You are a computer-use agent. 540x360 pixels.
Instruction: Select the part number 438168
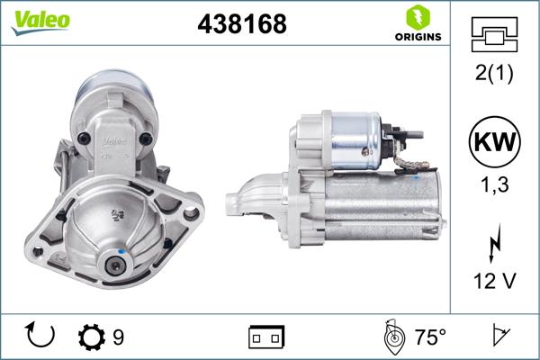click(x=242, y=25)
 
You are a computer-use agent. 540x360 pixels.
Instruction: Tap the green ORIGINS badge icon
click(x=417, y=18)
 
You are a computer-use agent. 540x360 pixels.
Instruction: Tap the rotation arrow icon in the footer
click(x=41, y=337)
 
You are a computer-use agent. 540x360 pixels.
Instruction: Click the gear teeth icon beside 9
click(x=91, y=337)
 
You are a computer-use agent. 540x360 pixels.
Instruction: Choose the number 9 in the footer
click(x=119, y=337)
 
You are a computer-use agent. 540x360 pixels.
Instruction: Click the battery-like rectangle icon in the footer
click(x=266, y=337)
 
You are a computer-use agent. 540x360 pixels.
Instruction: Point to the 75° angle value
click(x=430, y=337)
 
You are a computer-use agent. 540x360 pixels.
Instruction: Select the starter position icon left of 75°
click(x=393, y=337)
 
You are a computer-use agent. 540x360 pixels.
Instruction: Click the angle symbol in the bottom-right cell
click(x=496, y=337)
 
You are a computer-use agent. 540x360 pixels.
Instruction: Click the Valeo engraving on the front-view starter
click(x=112, y=140)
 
